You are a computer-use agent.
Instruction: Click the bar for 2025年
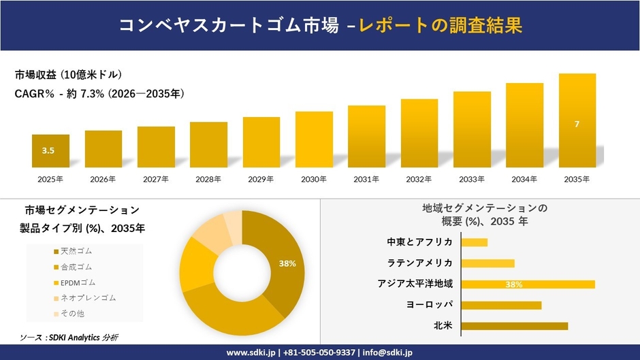50,150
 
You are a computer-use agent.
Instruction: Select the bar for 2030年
314,140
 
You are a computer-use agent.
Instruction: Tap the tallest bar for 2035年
577,120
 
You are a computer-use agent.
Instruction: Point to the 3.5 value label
48,150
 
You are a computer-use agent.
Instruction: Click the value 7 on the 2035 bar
577,124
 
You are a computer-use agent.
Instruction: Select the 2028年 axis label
208,179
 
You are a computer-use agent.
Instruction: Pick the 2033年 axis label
472,179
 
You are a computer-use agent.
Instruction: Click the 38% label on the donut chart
287,263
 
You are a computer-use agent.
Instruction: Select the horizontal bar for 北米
514,326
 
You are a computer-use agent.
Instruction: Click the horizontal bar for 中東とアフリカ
475,242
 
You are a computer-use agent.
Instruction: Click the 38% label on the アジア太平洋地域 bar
514,284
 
